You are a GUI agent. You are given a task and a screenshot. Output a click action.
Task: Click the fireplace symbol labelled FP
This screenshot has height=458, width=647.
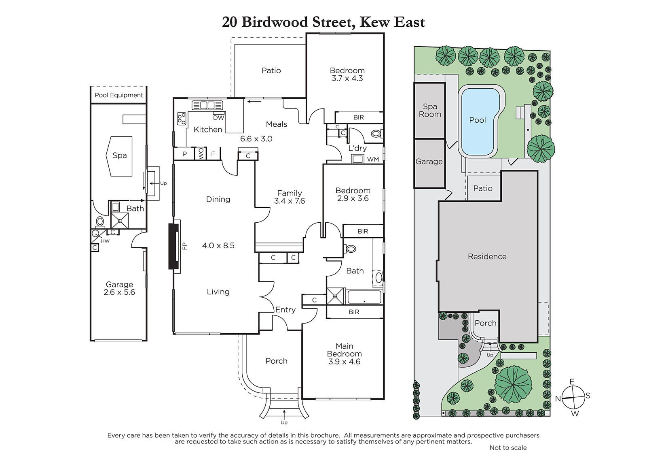(174, 247)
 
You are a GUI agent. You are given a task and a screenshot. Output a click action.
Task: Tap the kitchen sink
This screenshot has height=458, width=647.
(207, 105)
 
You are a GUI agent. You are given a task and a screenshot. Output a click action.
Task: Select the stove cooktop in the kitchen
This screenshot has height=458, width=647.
(182, 118)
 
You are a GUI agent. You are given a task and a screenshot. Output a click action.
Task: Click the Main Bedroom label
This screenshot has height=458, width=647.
(344, 350)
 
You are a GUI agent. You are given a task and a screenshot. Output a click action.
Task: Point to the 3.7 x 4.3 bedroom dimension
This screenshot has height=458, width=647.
(347, 79)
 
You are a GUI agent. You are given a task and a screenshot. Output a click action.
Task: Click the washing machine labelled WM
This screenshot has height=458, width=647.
(357, 159)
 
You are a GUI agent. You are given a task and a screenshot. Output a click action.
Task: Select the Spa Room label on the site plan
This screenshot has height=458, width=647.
(430, 110)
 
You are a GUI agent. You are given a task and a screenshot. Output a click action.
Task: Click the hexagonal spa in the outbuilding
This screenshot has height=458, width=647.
(119, 156)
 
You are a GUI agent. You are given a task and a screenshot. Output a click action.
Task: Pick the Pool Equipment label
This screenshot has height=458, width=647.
(119, 95)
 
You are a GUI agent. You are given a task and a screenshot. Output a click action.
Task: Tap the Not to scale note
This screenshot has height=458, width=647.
(508, 447)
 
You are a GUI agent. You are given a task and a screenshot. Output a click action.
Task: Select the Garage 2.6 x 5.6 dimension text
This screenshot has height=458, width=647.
(119, 292)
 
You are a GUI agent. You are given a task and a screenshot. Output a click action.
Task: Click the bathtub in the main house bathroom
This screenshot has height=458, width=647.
(364, 297)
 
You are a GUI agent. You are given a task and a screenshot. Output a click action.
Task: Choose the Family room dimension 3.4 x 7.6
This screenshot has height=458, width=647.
(290, 201)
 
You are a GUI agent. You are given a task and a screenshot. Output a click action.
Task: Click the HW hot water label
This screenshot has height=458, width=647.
(105, 241)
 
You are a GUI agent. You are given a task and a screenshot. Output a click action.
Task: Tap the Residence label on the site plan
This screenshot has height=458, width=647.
(487, 256)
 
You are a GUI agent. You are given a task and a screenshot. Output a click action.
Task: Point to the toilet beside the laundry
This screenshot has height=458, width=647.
(376, 134)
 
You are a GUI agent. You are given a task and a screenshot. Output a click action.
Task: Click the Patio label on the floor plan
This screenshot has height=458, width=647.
(271, 70)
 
